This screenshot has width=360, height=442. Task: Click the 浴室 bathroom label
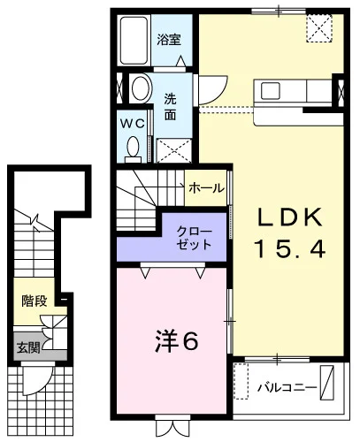[169, 40]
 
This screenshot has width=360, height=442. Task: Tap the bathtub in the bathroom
[134, 41]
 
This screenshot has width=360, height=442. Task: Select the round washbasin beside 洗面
[142, 88]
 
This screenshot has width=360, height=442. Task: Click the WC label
[133, 124]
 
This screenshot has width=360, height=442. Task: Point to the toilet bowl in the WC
[133, 147]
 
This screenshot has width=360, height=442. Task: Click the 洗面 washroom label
[170, 107]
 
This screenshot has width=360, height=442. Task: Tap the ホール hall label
[206, 188]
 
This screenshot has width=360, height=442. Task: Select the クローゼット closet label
[195, 238]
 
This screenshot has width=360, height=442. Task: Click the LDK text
[290, 217]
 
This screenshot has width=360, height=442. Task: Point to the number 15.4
[289, 248]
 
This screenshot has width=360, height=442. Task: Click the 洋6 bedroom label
[177, 341]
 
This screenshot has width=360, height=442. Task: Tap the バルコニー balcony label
[287, 387]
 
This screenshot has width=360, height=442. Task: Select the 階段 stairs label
[34, 301]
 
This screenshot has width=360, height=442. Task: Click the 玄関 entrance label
[28, 348]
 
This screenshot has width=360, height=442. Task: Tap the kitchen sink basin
[270, 91]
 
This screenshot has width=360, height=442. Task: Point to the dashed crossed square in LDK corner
[319, 28]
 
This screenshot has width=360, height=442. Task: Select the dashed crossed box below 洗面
[173, 150]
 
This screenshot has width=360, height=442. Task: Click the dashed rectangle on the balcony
[241, 381]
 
